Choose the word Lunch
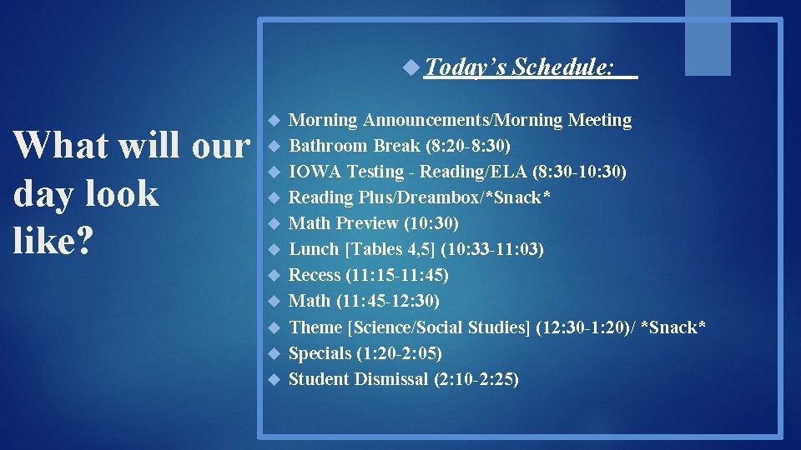(x=314, y=249)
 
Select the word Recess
(x=315, y=275)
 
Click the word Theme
(x=315, y=327)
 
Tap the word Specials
(x=320, y=353)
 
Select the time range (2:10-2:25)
(x=476, y=379)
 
